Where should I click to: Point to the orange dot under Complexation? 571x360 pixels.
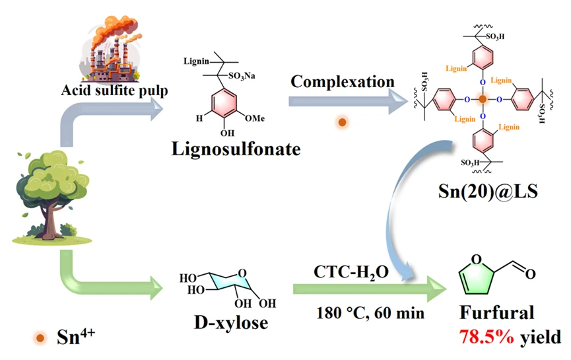click(342, 122)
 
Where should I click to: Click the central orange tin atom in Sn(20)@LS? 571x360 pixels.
click(483, 99)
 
